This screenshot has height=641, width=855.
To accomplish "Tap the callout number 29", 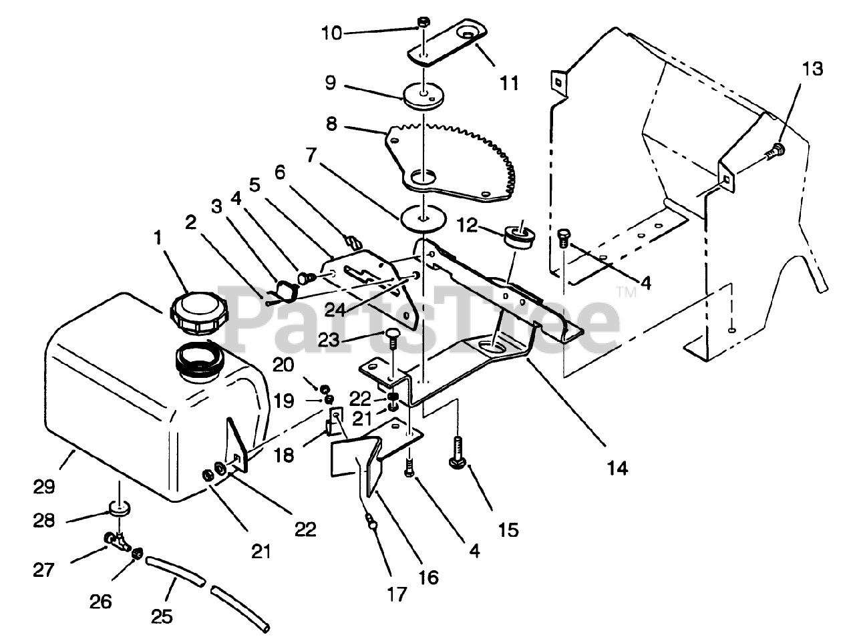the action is tap(44, 487).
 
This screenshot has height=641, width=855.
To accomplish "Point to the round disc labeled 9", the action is tap(423, 96).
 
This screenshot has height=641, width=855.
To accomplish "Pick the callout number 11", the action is tap(509, 83).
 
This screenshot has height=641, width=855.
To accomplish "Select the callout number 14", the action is tap(618, 468).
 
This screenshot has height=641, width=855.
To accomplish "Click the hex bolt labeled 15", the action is tap(458, 453).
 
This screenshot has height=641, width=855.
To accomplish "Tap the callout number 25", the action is tap(162, 616).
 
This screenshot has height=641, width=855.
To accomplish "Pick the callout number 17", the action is tap(397, 594).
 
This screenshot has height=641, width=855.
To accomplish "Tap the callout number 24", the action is tap(335, 310).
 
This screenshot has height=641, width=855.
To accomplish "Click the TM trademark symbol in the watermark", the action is tap(627, 292).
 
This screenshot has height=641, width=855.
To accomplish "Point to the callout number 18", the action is tap(283, 455).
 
